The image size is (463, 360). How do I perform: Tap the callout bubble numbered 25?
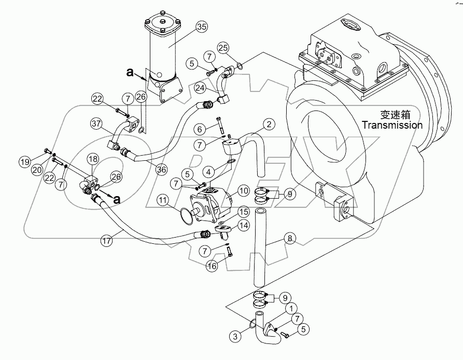tap(223, 48)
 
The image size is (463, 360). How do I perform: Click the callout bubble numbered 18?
tap(92, 159)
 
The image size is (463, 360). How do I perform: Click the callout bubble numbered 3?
tap(236, 337)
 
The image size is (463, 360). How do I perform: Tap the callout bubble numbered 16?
tap(212, 266)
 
